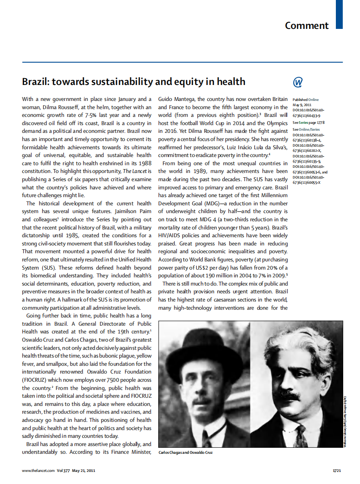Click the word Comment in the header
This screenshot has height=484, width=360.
click(307, 25)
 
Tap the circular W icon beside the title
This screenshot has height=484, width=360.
click(297, 82)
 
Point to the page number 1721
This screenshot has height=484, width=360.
click(337, 470)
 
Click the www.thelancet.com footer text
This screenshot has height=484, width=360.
click(38, 470)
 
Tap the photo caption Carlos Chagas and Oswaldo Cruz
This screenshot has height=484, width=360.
click(185, 453)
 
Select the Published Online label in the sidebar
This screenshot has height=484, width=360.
click(305, 100)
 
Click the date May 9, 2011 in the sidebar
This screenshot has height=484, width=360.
click(303, 105)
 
